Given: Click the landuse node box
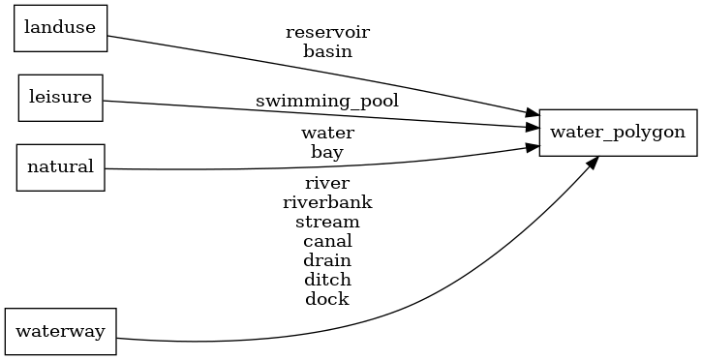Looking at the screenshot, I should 60,28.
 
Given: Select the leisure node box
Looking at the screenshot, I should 60,98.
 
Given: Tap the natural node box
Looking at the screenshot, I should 60,166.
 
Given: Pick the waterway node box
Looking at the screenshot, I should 61,331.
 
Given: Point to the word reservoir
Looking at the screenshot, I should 327,32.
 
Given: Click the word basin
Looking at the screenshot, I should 327,51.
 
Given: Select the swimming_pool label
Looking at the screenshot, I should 327,100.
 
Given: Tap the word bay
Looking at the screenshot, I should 327,152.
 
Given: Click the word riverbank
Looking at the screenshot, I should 327,202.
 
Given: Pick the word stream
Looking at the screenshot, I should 327,222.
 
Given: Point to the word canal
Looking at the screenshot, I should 327,241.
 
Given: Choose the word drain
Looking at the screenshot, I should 327,260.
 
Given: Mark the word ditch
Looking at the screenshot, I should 327,280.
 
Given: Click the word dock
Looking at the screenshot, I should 327,299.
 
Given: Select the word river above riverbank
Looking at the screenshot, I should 327,183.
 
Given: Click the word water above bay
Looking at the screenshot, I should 327,133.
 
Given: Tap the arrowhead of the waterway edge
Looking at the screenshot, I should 591,162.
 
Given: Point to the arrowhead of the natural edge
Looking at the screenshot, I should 532,147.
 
